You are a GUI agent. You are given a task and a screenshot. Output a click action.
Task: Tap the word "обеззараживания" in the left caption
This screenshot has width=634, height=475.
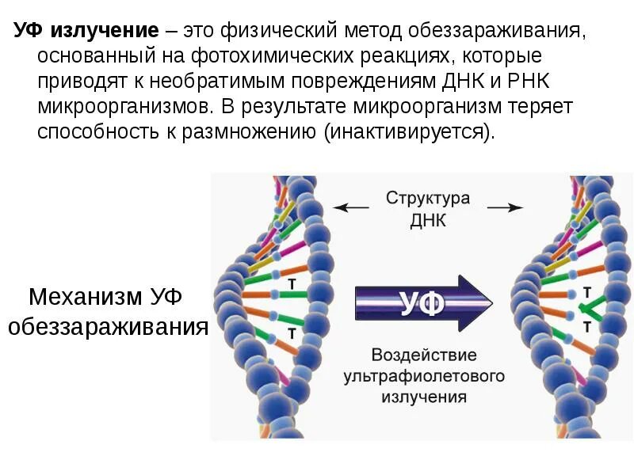tap(108, 325)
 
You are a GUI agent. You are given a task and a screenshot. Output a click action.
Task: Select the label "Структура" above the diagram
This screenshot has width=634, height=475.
tap(428, 198)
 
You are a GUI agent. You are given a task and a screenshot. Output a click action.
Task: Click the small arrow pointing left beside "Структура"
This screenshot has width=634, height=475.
tap(350, 208)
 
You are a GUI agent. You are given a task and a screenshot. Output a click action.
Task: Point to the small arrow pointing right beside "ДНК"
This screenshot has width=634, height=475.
tap(505, 208)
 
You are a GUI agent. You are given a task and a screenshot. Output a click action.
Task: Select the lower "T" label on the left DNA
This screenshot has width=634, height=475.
tap(292, 333)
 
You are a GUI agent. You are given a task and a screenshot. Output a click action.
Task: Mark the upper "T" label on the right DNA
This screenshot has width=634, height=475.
tap(586, 291)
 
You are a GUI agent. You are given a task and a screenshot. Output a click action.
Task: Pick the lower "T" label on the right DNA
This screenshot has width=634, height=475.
tap(586, 326)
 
